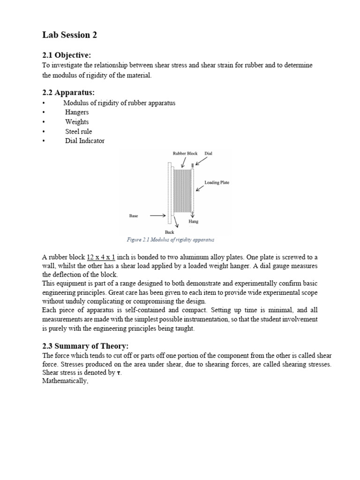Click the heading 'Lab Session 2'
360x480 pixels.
coord(70,35)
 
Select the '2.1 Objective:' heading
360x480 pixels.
coord(67,55)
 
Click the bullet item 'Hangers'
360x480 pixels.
coord(77,112)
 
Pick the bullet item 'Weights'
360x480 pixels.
coord(77,122)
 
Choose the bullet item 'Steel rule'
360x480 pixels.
coord(79,131)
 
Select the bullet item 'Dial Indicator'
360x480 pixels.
coord(85,141)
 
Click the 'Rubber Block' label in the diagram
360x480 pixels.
coord(185,153)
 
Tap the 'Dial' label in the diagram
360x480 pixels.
coord(208,153)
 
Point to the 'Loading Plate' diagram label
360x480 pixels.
coord(217,182)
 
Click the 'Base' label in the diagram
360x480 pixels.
coord(134,216)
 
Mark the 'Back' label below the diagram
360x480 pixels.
coord(169,232)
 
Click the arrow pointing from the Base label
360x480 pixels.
coord(157,216)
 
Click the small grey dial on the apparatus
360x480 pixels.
coord(192,165)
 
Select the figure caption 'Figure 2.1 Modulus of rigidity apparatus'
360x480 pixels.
coord(170,240)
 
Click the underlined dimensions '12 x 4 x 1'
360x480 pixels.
coord(101,257)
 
